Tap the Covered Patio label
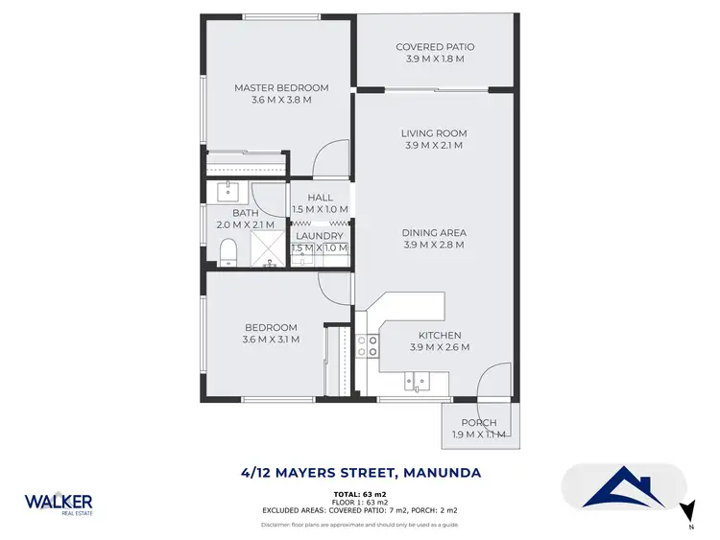pos(435,47)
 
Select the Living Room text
pos(434,133)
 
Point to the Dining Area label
pos(434,232)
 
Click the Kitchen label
pos(439,335)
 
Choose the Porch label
pos(478,423)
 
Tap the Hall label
pos(320,198)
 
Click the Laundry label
pos(320,236)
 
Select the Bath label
pos(246,213)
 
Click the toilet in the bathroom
pos(228,252)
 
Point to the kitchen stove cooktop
pos(368,345)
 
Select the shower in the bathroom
pos(272,248)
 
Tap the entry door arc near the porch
pos(493,382)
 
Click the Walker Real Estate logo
pos(59,504)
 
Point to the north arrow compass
pos(685,513)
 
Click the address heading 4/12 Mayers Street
pos(360,472)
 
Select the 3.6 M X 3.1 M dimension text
pos(271,340)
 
